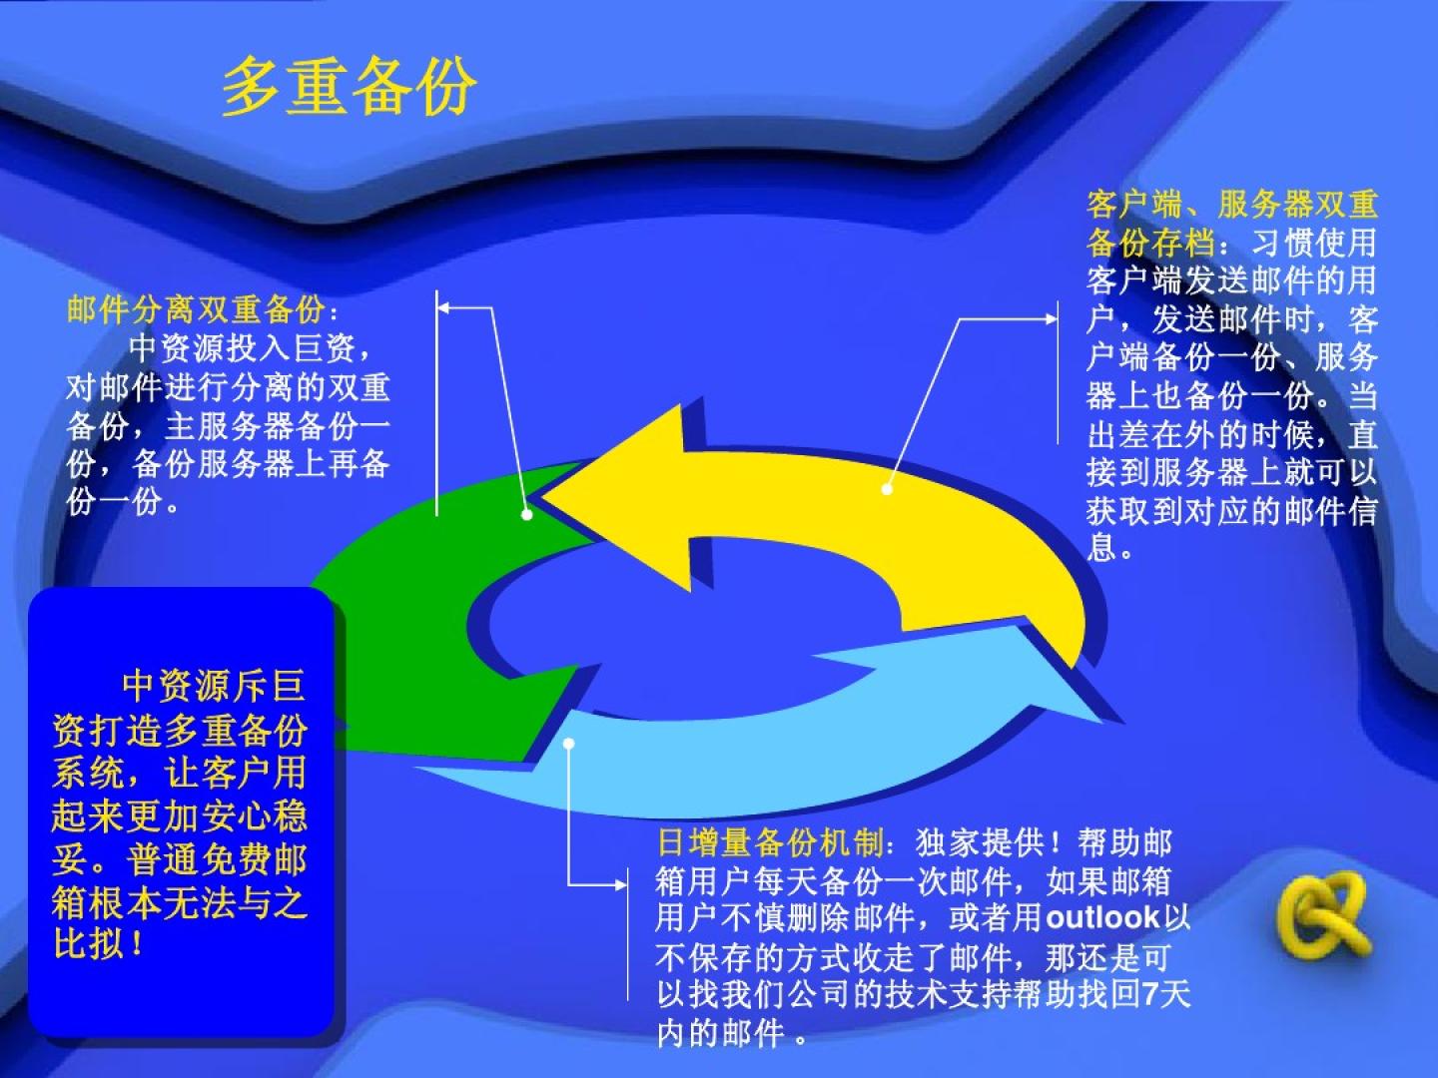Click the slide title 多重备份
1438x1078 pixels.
point(350,87)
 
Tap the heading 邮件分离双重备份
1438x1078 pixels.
point(197,309)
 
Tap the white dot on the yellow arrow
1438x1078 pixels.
point(887,489)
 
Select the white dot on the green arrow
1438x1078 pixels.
point(526,515)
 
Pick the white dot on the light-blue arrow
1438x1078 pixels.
point(568,744)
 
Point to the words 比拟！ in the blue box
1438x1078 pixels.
point(99,944)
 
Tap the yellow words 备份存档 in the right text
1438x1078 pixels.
point(1151,243)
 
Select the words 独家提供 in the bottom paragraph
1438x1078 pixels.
point(981,842)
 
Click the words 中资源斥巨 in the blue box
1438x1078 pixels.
point(214,686)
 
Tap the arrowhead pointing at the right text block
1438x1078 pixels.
point(1052,318)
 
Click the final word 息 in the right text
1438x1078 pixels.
point(1101,548)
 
